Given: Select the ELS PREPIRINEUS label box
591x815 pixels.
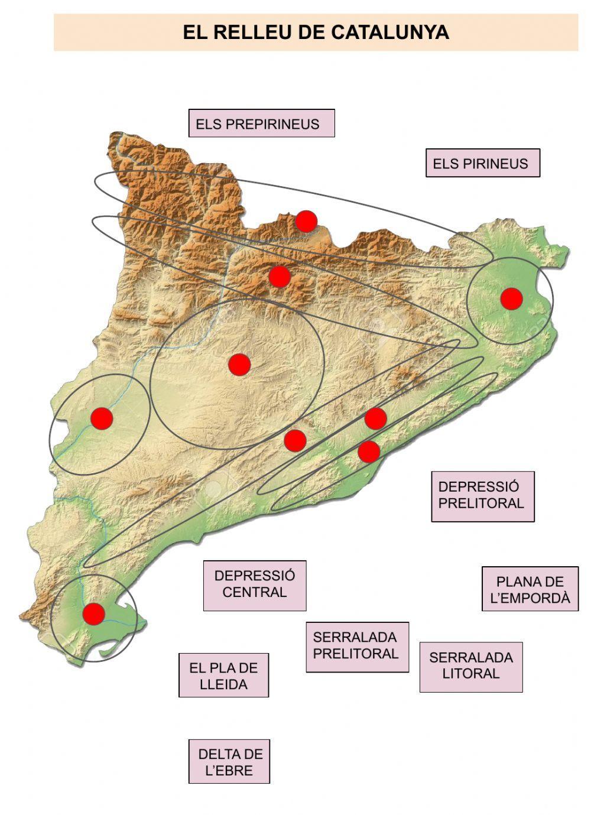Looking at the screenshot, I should [x=261, y=124].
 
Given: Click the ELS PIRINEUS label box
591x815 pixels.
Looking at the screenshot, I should [x=482, y=163].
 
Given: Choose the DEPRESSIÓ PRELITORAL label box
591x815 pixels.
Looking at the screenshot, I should [x=482, y=496].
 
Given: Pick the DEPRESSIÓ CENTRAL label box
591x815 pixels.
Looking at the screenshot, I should [x=255, y=585].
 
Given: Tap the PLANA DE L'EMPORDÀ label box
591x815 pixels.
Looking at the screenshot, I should [x=530, y=589].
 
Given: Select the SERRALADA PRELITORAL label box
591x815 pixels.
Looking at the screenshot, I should [x=357, y=647].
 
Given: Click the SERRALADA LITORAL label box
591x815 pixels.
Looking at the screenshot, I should [x=471, y=667].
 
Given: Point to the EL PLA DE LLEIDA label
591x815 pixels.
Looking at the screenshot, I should [x=223, y=676].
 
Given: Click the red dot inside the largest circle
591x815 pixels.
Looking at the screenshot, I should [x=239, y=365].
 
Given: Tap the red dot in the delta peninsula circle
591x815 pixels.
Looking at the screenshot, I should [x=93, y=613].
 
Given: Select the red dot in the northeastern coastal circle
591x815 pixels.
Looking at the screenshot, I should [x=511, y=298].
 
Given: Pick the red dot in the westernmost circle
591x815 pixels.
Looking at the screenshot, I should [x=102, y=418].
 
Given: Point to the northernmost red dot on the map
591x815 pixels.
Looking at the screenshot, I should [x=306, y=221].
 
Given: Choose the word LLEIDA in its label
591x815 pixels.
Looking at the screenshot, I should [x=223, y=684].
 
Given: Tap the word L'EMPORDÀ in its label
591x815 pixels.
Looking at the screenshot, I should [x=530, y=598].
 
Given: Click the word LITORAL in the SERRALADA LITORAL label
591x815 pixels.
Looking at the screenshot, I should [x=471, y=674].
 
